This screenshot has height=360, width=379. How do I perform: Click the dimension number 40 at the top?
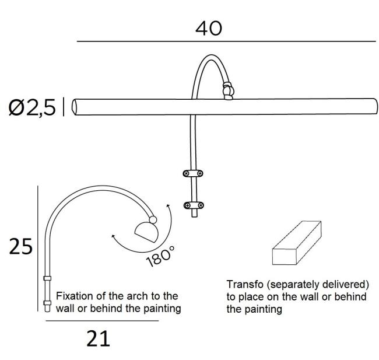pyautogui.click(x=209, y=29)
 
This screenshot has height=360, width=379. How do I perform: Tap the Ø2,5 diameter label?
pyautogui.click(x=32, y=107)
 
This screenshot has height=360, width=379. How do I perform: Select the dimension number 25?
pyautogui.click(x=20, y=246)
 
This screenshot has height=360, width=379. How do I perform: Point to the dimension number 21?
pyautogui.click(x=98, y=338)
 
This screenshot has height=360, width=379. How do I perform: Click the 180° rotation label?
pyautogui.click(x=160, y=256)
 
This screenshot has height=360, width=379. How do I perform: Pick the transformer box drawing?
pyautogui.click(x=297, y=243)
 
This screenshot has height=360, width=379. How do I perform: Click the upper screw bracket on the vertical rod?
pyautogui.click(x=192, y=173)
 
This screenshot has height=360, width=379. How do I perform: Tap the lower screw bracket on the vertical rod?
pyautogui.click(x=193, y=205)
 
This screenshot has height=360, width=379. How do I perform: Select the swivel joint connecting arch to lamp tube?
pyautogui.click(x=228, y=90)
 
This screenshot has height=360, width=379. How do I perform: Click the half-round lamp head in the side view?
pyautogui.click(x=147, y=231)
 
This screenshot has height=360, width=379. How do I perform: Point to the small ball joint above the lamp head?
pyautogui.click(x=153, y=220)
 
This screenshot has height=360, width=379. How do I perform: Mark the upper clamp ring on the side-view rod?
pyautogui.click(x=47, y=278)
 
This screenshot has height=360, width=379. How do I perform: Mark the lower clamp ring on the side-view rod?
pyautogui.click(x=47, y=303)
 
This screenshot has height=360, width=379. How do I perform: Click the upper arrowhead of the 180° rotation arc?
pyautogui.click(x=168, y=206)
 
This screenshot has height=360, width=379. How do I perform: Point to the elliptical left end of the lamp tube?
pyautogui.click(x=75, y=107)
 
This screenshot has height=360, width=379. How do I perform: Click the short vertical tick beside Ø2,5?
pyautogui.click(x=64, y=107)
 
